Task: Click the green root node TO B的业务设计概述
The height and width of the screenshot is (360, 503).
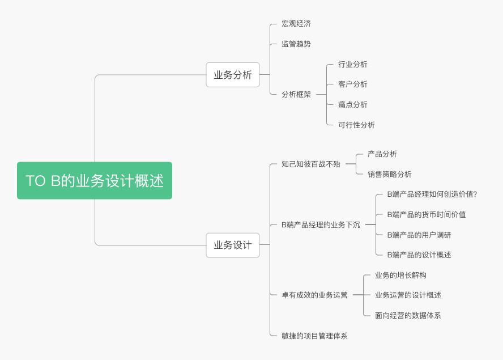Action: pyautogui.click(x=94, y=181)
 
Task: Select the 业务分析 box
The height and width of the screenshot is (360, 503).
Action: pyautogui.click(x=232, y=75)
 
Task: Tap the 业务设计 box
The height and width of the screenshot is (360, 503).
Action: pyautogui.click(x=232, y=245)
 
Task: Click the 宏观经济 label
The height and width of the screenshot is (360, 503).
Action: pyautogui.click(x=296, y=24)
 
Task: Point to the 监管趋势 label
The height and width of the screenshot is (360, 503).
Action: pyautogui.click(x=296, y=44)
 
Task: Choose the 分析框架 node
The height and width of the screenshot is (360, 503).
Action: pyautogui.click(x=296, y=95)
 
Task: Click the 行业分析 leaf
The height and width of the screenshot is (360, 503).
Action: pyautogui.click(x=352, y=64)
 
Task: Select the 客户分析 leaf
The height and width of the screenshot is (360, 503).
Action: pyautogui.click(x=352, y=84)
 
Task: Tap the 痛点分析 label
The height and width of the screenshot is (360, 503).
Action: pyautogui.click(x=352, y=104)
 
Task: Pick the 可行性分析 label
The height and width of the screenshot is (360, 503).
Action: pyautogui.click(x=356, y=125)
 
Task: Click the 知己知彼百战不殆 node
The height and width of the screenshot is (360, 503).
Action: pyautogui.click(x=311, y=164)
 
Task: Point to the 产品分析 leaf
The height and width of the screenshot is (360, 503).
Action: pyautogui.click(x=382, y=154)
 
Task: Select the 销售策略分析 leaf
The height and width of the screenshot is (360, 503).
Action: pyautogui.click(x=389, y=174)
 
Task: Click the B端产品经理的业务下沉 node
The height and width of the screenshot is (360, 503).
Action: pyautogui.click(x=321, y=225)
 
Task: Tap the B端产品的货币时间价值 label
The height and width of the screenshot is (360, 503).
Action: pyautogui.click(x=426, y=214)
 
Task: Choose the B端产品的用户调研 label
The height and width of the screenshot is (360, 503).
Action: pyautogui.click(x=419, y=235)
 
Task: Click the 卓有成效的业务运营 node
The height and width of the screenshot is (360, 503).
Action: pyautogui.click(x=314, y=295)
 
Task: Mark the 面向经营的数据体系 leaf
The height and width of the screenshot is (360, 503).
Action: pyautogui.click(x=407, y=315)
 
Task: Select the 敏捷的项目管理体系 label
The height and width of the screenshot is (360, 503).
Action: pyautogui.click(x=314, y=336)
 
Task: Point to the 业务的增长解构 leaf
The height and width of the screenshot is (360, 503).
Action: pyautogui.click(x=400, y=275)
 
